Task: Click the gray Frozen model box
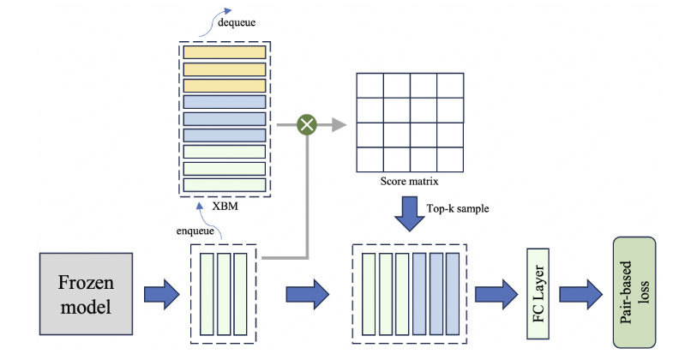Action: pyautogui.click(x=85, y=293)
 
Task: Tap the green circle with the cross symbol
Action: pyautogui.click(x=307, y=125)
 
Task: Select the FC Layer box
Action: pyautogui.click(x=538, y=294)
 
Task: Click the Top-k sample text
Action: pyautogui.click(x=456, y=208)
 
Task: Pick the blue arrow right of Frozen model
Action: pyautogui.click(x=160, y=294)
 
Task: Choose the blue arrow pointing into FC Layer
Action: pyautogui.click(x=492, y=294)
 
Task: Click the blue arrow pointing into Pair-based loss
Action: pyautogui.click(x=584, y=294)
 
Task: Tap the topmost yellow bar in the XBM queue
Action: pyautogui.click(x=225, y=51)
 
